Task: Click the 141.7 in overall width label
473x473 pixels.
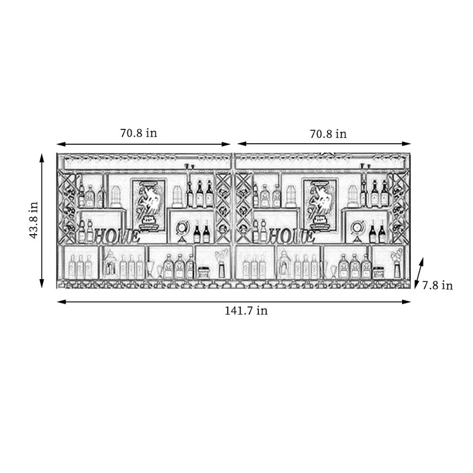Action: pyautogui.click(x=246, y=310)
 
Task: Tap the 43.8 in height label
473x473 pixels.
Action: pyautogui.click(x=34, y=220)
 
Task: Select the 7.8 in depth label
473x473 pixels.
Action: pyautogui.click(x=438, y=286)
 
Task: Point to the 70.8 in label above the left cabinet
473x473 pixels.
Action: pyautogui.click(x=138, y=133)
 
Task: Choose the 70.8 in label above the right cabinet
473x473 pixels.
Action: pyautogui.click(x=328, y=134)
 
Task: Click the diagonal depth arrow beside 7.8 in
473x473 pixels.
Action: pyautogui.click(x=419, y=273)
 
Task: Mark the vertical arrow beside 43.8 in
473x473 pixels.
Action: pyautogui.click(x=42, y=221)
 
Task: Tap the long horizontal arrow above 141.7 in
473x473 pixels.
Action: pyautogui.click(x=234, y=302)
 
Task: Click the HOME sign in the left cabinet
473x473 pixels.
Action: pyautogui.click(x=117, y=236)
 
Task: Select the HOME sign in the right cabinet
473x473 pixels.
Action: pyautogui.click(x=291, y=236)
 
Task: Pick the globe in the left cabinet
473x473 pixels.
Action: pyautogui.click(x=182, y=231)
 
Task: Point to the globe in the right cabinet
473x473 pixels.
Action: pyautogui.click(x=357, y=231)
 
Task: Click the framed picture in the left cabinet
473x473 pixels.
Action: pyautogui.click(x=148, y=205)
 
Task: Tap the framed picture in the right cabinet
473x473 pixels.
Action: pyautogui.click(x=321, y=205)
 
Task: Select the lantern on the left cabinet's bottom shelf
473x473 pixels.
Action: pyautogui.click(x=109, y=263)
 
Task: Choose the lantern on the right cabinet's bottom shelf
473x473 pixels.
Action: pyautogui.click(x=284, y=263)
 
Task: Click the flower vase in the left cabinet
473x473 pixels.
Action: pyautogui.click(x=222, y=264)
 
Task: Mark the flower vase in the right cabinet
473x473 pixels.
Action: pyautogui.click(x=397, y=264)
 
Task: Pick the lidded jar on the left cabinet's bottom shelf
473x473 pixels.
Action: pyautogui.click(x=203, y=272)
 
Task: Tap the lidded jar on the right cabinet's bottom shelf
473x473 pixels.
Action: pyautogui.click(x=378, y=272)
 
